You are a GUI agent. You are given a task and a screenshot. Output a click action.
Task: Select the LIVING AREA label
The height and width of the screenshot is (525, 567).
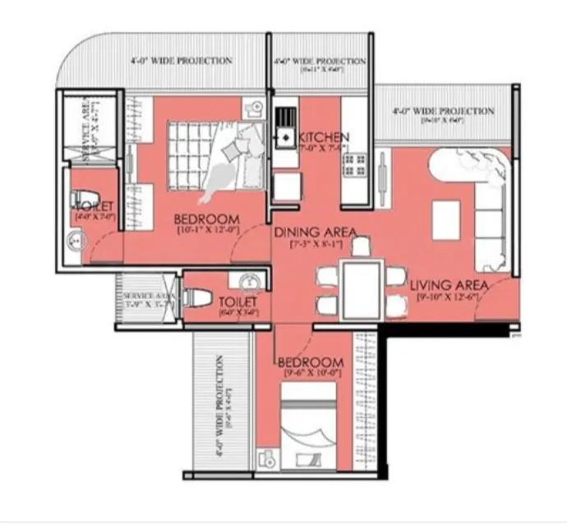tap(449, 284)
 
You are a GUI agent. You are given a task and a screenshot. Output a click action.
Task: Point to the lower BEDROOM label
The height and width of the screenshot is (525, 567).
tap(310, 362)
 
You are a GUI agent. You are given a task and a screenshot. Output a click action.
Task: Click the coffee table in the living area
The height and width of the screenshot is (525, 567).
tap(445, 220)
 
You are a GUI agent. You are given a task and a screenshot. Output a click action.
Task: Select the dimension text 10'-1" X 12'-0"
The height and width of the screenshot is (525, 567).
tap(207, 231)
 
